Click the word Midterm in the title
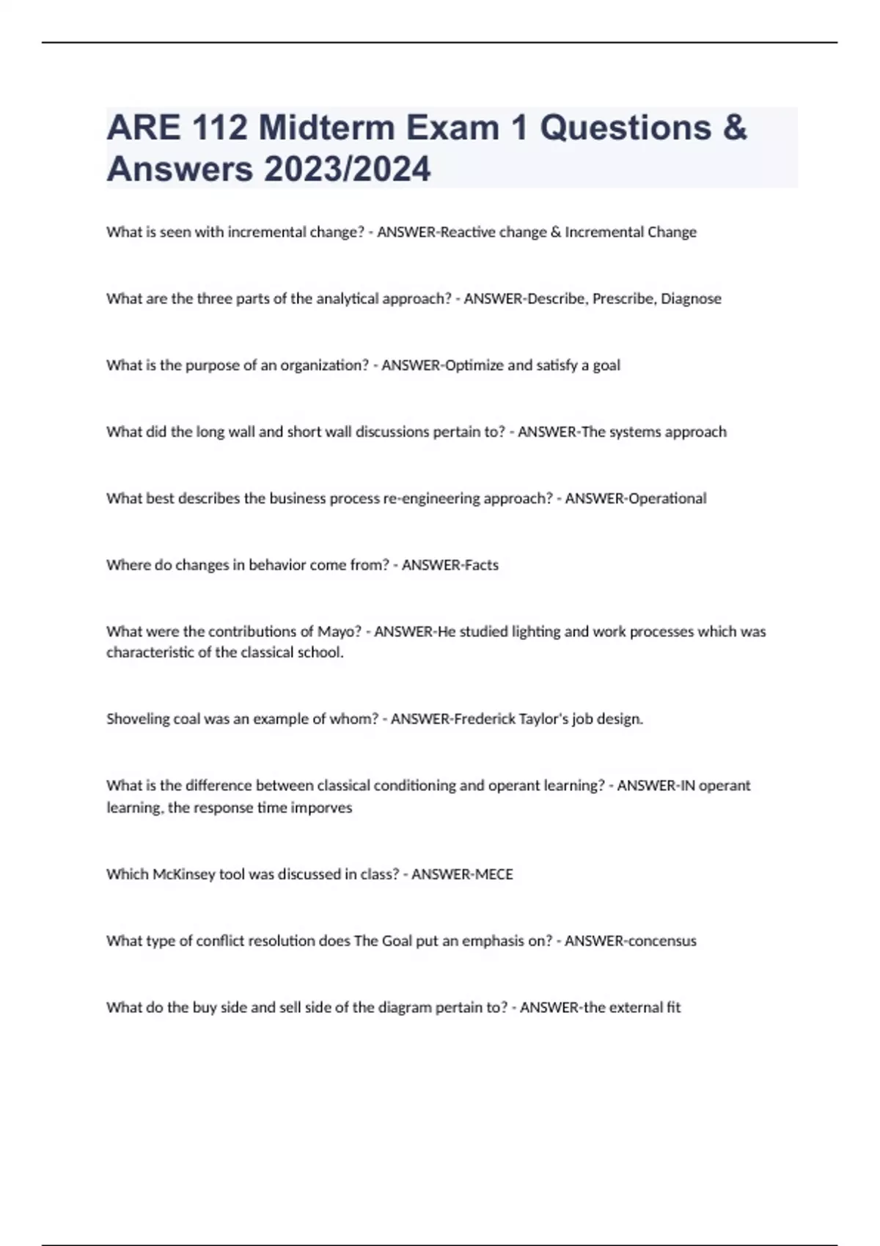(x=326, y=128)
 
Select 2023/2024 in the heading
(x=348, y=169)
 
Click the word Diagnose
(x=691, y=299)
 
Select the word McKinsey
(x=184, y=874)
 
